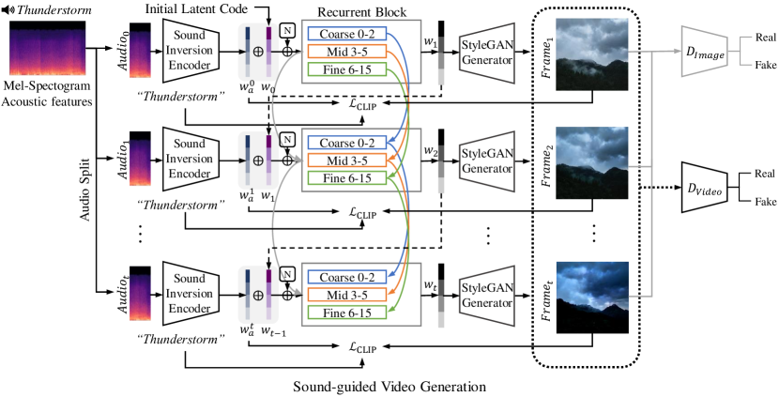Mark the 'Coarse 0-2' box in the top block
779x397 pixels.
coord(346,34)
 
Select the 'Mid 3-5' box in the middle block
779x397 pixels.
coord(346,160)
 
